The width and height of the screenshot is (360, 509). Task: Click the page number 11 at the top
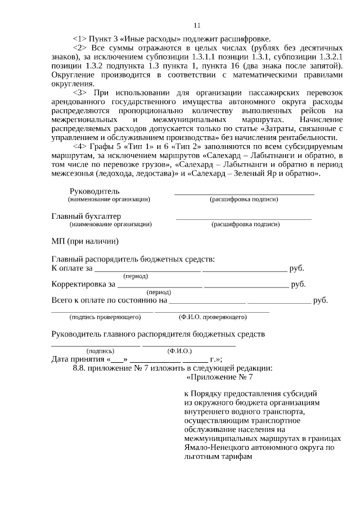tap(196, 25)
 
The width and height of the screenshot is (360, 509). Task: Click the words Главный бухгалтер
tap(86, 216)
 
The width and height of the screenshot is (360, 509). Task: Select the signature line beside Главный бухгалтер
tap(244, 218)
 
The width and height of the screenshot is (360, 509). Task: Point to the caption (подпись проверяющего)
tap(101, 317)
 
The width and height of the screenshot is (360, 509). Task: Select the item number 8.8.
tap(82, 368)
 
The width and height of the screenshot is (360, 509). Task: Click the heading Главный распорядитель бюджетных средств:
tap(133, 259)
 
